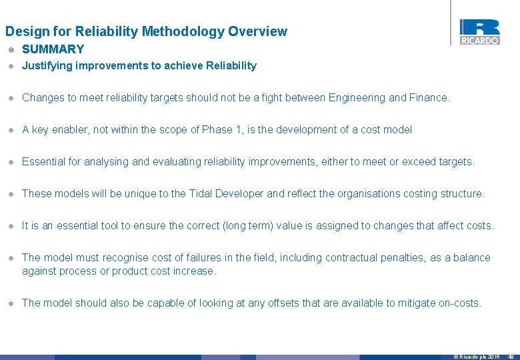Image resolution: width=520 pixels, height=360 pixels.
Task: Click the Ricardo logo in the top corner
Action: coord(479,31)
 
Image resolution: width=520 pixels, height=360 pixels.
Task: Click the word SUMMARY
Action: coord(53,49)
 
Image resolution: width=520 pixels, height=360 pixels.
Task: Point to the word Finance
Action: coord(429,97)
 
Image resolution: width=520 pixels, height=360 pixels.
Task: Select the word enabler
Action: coord(71,129)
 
